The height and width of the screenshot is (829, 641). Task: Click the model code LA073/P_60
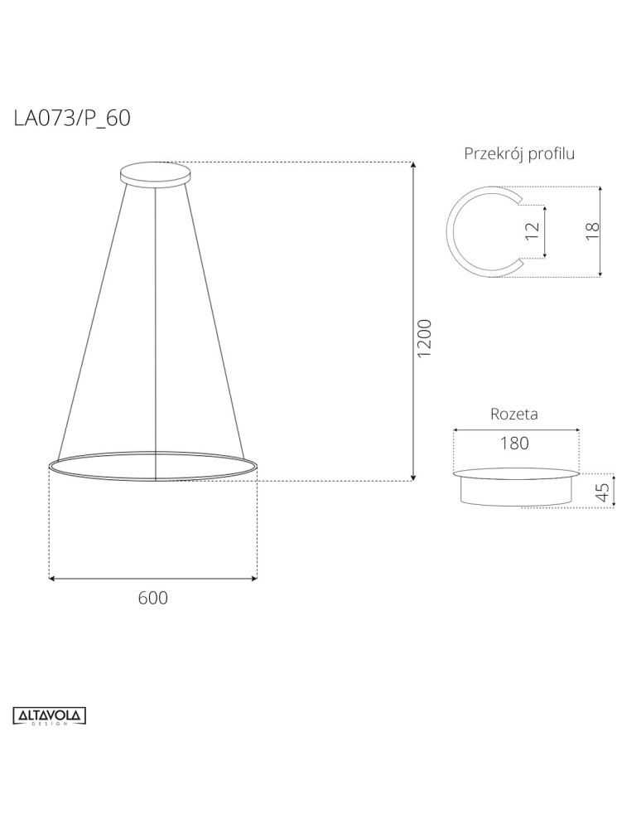click(72, 119)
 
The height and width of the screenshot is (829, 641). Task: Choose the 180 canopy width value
click(514, 444)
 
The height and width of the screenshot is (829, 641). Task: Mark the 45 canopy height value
click(603, 492)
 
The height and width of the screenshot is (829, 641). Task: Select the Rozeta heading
click(514, 414)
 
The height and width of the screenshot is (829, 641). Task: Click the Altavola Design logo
click(51, 715)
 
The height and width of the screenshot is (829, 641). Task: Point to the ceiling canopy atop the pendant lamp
click(157, 174)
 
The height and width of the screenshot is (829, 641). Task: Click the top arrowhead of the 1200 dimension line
click(413, 167)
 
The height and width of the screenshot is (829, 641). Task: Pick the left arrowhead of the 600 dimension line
click(54, 579)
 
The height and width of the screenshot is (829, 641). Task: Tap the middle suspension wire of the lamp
click(156, 332)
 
